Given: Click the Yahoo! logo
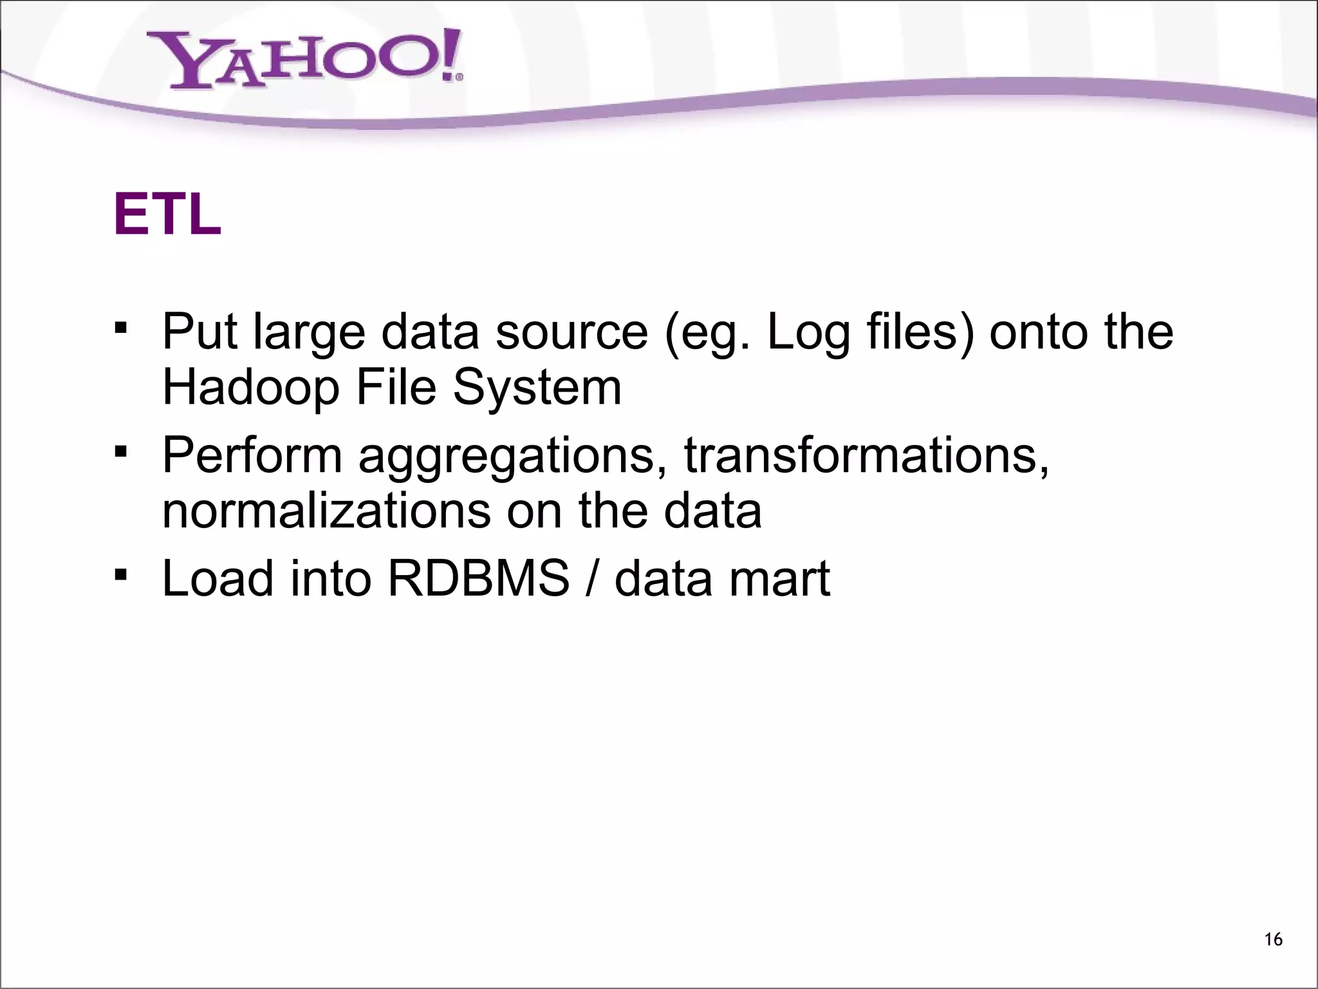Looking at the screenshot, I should click(306, 61).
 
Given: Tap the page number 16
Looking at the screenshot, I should click(1273, 939).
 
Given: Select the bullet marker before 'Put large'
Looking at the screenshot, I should click(119, 329).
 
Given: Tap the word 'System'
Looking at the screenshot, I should click(537, 388).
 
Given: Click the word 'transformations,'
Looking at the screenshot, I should click(866, 455).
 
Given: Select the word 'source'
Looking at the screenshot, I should click(572, 332).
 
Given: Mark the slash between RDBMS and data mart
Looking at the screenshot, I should click(592, 578).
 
